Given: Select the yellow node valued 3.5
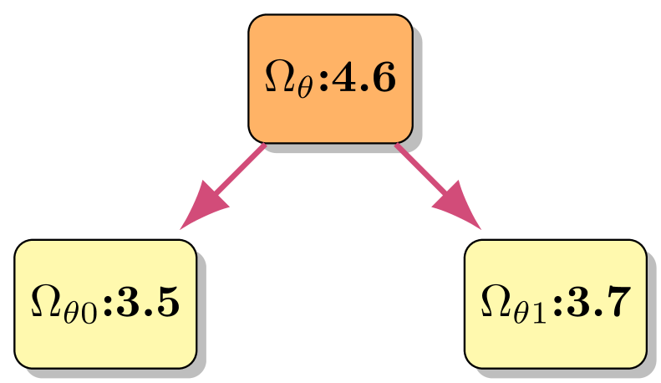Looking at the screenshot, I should [x=105, y=304].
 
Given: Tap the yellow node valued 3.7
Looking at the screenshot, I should [x=556, y=304].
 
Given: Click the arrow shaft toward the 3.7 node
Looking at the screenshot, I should [x=423, y=171].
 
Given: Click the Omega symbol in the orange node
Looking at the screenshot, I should [x=280, y=78].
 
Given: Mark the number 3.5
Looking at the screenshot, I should [x=149, y=304].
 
